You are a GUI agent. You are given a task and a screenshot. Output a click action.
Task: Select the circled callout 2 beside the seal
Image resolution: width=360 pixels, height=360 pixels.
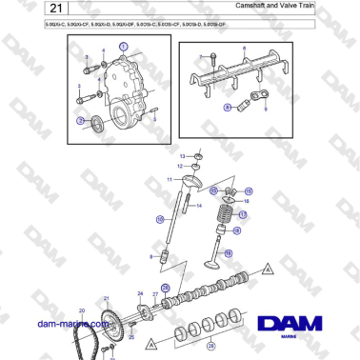82,120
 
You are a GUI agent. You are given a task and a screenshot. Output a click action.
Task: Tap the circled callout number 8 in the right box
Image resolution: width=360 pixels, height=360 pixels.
228,108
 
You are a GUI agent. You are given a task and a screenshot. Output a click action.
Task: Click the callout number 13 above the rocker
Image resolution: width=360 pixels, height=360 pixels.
183,154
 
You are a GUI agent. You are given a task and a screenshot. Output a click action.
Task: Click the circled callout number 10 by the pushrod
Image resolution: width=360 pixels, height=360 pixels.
160,219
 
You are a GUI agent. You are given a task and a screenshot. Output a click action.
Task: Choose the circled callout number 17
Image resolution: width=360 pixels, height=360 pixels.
242,215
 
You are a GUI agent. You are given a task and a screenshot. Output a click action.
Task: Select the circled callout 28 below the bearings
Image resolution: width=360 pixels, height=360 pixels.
212,347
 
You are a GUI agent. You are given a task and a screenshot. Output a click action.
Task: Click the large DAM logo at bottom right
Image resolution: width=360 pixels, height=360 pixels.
297,326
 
